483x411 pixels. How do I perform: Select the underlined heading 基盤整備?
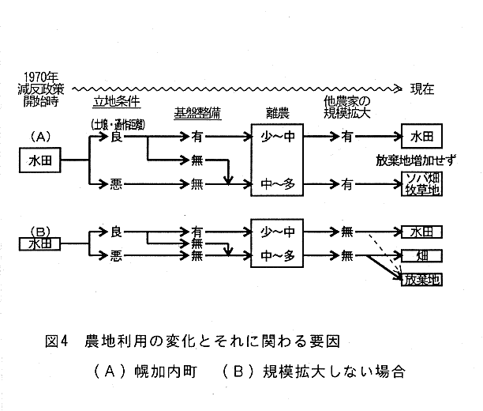tap(197, 113)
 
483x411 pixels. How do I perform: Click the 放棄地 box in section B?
tap(421, 278)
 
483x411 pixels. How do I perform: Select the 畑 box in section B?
tap(421, 255)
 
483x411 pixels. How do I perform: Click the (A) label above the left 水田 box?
tap(40, 136)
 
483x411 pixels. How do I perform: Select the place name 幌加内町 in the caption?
tap(167, 371)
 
